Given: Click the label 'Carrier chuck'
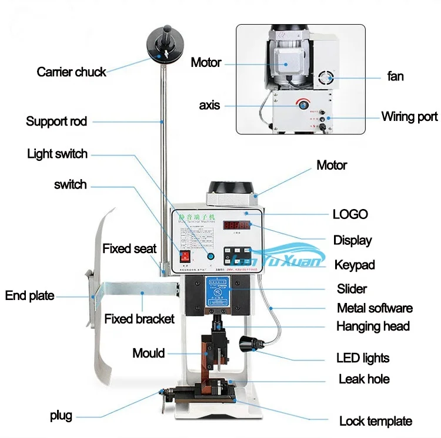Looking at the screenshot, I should (x=71, y=72).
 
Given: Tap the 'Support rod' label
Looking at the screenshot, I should (x=56, y=122).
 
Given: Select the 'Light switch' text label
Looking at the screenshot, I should (x=57, y=154).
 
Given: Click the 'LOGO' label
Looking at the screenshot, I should (x=350, y=214).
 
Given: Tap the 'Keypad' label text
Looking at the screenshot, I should (x=355, y=265).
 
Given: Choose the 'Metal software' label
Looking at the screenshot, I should (x=375, y=308).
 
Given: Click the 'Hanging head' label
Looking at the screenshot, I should (x=373, y=326).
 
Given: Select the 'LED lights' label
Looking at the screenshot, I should (x=363, y=358).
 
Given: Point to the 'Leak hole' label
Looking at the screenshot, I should (x=364, y=379).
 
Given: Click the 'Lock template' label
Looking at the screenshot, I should (x=376, y=421).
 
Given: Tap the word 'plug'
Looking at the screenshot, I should (x=61, y=416).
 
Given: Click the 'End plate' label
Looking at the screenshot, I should (x=29, y=295).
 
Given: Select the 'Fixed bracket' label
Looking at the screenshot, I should (x=139, y=319).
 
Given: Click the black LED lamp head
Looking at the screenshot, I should (x=249, y=341).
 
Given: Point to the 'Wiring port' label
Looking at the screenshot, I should (x=409, y=116).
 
